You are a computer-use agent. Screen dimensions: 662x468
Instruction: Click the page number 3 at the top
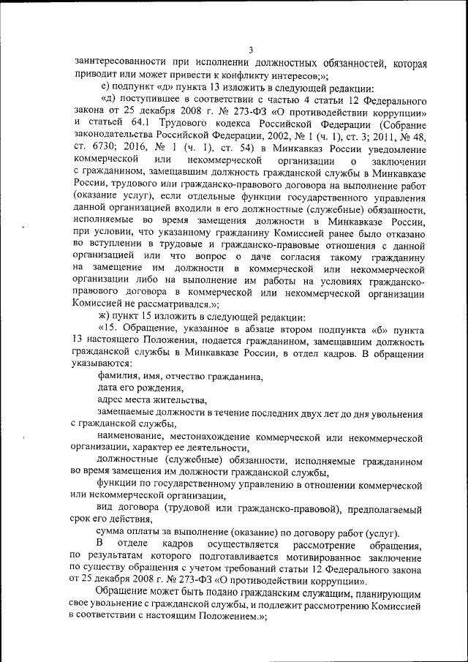250,50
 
